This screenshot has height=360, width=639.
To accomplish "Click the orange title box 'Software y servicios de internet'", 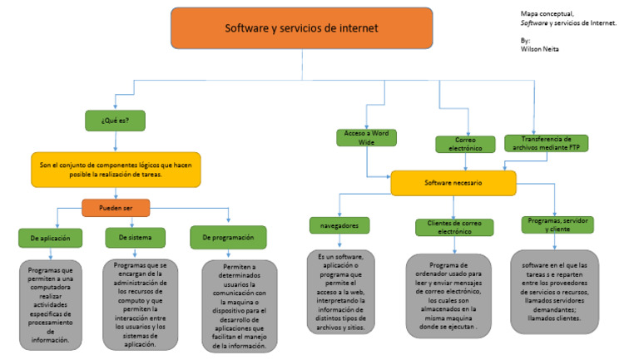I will (301, 28).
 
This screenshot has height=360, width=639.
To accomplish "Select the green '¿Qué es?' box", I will (115, 121).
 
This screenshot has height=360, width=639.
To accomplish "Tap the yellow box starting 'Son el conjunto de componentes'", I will (116, 170).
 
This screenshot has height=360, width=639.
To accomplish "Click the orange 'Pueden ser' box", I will (116, 208).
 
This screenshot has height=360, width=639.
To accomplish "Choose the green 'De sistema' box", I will (135, 238).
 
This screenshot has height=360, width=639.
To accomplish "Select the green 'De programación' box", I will (228, 238).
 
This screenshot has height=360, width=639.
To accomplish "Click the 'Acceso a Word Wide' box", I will (366, 138).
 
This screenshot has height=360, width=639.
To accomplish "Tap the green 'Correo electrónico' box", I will (465, 145).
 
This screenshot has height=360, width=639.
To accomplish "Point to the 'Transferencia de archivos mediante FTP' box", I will (546, 143).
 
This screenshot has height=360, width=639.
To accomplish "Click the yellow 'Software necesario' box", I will (453, 183).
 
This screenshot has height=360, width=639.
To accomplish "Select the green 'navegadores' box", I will (339, 225).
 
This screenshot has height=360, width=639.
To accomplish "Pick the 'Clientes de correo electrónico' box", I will (454, 227).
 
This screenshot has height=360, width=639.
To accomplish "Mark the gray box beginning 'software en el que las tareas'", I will (554, 291).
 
